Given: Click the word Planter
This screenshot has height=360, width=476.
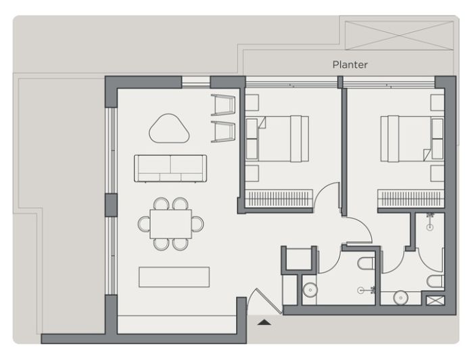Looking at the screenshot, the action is point(350,65).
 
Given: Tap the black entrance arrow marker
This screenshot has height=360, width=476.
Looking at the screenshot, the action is point(264,322).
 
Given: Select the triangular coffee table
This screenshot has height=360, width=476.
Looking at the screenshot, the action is point(169,129).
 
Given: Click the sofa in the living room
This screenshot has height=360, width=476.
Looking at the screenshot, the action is point(170,168).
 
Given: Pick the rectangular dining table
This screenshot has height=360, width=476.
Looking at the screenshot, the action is point(170,224).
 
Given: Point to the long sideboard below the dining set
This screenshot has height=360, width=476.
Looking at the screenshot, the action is point(174,277).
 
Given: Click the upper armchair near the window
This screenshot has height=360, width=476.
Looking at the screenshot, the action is point(223,105).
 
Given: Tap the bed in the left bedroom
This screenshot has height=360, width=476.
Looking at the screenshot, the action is point(277,139).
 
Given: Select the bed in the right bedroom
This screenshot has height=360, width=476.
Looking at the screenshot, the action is point(412,139).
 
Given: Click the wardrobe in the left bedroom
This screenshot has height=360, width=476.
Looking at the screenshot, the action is point(279,199).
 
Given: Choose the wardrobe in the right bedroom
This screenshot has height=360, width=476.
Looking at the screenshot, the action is point(411,199).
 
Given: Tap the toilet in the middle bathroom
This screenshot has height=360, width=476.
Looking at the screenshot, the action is point(366,263).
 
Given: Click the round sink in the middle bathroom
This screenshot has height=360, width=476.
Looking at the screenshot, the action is point(310,290).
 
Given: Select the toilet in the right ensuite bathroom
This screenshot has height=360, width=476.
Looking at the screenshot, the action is point(435,282).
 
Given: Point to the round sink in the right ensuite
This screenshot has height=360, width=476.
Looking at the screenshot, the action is point(401,298).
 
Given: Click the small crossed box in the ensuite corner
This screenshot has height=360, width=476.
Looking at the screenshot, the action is point(435,300).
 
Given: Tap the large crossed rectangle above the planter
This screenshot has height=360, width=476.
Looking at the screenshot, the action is point(399,36).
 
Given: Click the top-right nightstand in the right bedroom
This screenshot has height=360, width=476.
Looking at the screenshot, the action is point(437,102).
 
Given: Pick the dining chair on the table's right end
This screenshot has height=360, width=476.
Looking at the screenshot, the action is point(198,224).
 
